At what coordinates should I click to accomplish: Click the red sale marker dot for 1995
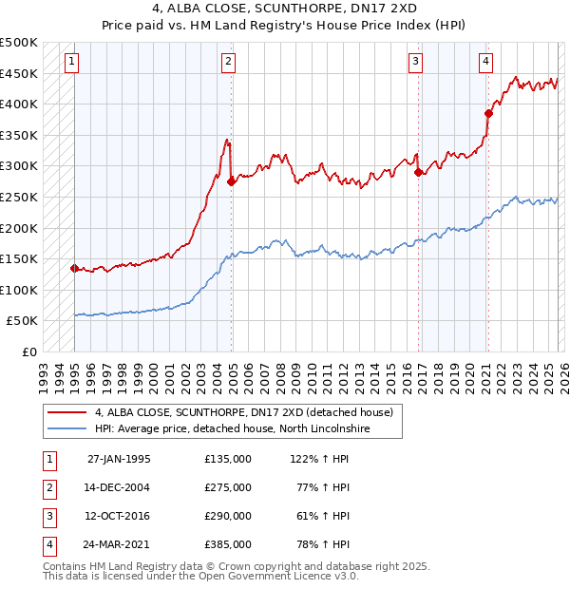click(x=74, y=268)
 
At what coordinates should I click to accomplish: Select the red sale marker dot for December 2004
click(x=231, y=181)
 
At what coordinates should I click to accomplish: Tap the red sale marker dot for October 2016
click(x=418, y=172)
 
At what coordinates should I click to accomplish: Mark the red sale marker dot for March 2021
click(x=488, y=113)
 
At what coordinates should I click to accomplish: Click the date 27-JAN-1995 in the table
click(x=119, y=459)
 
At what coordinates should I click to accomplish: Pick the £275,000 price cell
click(x=228, y=487)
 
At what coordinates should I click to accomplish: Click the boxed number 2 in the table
click(x=48, y=487)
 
